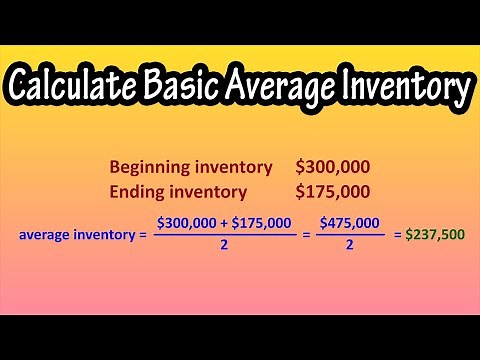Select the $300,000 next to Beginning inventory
tap(332, 168)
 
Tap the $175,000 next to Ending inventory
tap(332, 190)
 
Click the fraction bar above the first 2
tap(225, 235)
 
